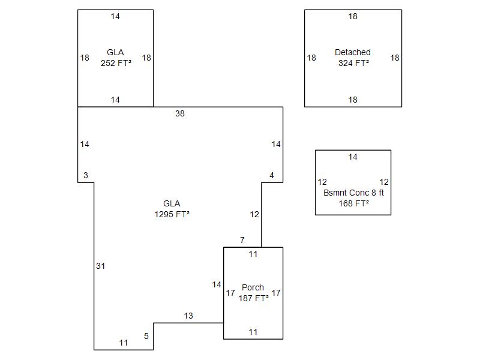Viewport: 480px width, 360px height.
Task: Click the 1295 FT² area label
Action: tap(172, 214)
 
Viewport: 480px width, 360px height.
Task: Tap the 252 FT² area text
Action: tap(116, 63)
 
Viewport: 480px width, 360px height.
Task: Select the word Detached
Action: tap(353, 52)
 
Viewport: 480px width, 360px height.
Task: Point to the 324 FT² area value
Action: tap(353, 63)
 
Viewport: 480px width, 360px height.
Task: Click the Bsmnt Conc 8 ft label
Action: tap(353, 193)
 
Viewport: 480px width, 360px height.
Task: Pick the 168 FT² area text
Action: tap(353, 203)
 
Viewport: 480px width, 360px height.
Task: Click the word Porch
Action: tap(253, 287)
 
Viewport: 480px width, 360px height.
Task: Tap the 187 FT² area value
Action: tap(253, 298)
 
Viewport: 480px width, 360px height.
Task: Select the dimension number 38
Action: tap(180, 113)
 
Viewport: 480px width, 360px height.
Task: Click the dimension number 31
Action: tap(101, 266)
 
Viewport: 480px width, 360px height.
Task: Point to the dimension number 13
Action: tap(188, 316)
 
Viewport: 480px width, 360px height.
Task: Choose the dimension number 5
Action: tap(146, 336)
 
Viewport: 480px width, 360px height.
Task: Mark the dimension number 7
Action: tap(242, 240)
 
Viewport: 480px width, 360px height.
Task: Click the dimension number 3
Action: tap(86, 175)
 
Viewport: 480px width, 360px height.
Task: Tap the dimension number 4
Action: tap(272, 175)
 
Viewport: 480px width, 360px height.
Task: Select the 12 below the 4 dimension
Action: tap(254, 214)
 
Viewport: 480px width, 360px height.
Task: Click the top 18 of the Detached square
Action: tap(353, 16)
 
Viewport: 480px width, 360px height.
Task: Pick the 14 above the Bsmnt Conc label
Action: tap(353, 157)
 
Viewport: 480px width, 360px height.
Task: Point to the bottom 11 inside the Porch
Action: tap(253, 332)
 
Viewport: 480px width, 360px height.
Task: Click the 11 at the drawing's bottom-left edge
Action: tap(124, 343)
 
